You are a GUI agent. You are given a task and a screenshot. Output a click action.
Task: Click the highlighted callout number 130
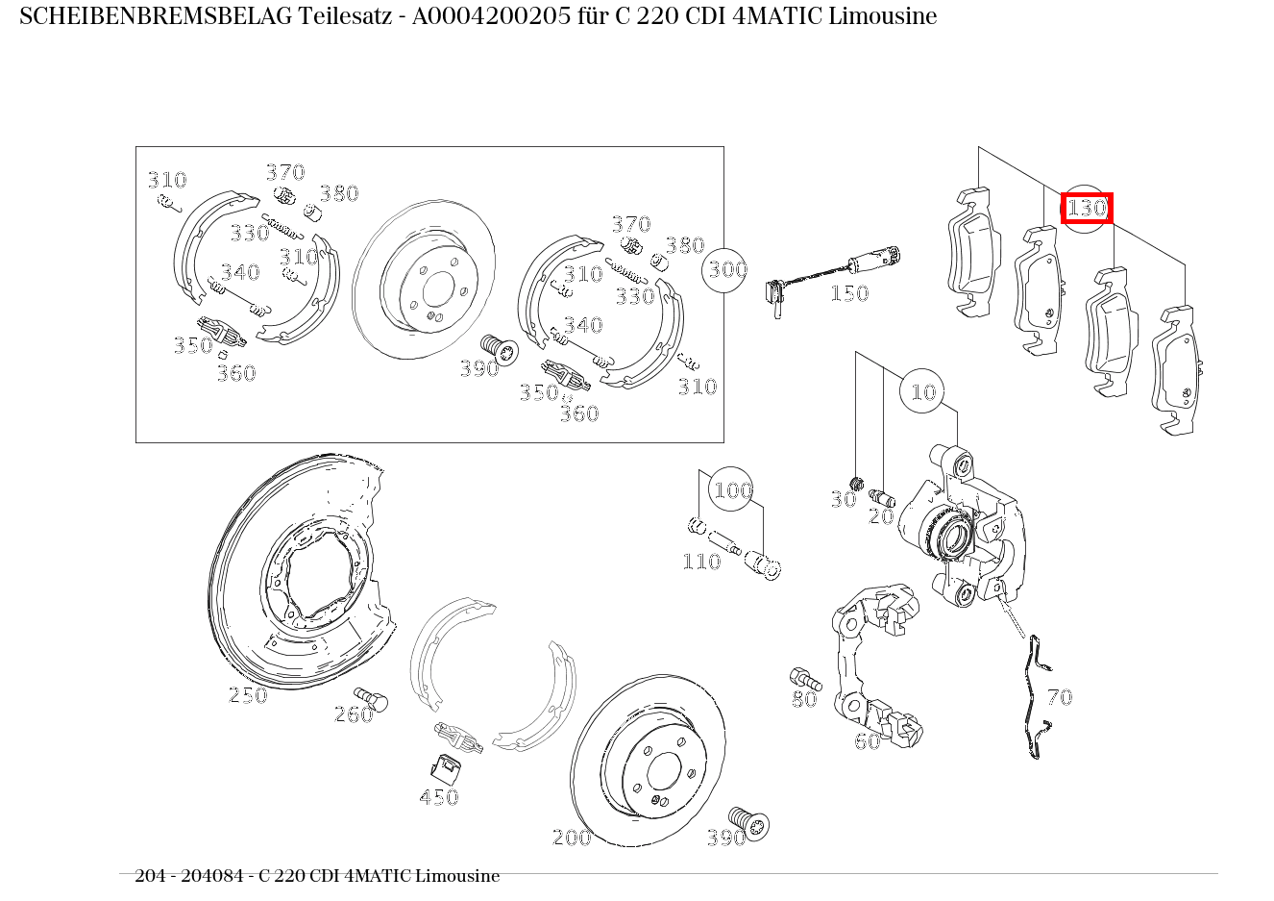point(1087,209)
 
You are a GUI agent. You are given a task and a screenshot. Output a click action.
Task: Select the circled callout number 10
point(923,391)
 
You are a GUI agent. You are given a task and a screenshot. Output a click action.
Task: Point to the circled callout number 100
point(733,490)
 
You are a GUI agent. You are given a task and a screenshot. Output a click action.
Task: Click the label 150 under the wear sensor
point(849,293)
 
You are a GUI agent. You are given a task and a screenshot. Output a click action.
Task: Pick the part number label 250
point(248,695)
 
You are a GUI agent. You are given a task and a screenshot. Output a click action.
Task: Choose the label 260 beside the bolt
point(354,714)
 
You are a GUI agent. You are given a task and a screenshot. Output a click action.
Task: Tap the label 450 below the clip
point(439,797)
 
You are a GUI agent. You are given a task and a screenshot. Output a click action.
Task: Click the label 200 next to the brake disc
point(572,838)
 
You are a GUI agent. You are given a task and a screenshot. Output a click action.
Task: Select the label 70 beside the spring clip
point(1060,697)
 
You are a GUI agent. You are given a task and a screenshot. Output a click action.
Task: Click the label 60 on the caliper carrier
point(868,741)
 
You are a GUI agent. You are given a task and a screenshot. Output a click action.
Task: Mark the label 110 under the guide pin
point(701,562)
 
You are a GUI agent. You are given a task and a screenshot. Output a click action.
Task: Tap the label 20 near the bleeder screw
point(881,516)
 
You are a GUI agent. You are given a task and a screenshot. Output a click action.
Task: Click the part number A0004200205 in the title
point(491,16)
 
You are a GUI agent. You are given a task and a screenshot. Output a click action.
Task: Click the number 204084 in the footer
point(212,875)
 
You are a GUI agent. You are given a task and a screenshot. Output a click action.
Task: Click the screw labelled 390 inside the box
point(500,348)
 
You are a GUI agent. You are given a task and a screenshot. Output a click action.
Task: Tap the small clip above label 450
point(446,768)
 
